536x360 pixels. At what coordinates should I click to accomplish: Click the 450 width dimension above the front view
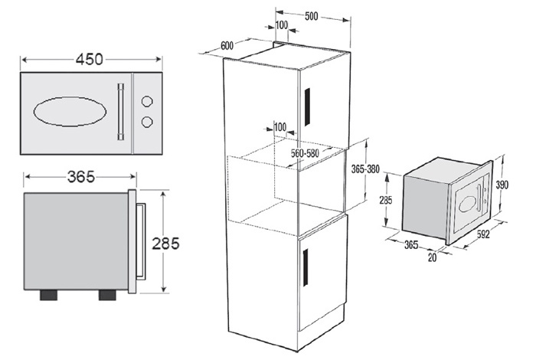[x=90, y=60]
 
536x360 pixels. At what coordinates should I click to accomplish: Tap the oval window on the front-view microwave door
[x=70, y=112]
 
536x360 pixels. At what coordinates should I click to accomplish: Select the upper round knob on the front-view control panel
[x=147, y=101]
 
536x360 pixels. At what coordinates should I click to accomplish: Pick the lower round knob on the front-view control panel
[x=147, y=122]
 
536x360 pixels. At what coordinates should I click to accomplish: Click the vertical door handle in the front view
[x=121, y=112]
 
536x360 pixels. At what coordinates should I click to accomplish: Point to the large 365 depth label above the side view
[x=80, y=177]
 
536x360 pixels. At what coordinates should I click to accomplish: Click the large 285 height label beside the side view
[x=165, y=244]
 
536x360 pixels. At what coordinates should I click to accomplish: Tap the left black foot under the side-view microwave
[x=48, y=295]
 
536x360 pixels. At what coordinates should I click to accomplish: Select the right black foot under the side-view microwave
[x=107, y=295]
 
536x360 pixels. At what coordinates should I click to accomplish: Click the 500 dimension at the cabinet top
[x=312, y=16]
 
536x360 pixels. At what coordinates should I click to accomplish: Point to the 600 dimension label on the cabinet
[x=227, y=46]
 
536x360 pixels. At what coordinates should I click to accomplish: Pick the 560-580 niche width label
[x=305, y=153]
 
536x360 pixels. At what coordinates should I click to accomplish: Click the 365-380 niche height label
[x=365, y=169]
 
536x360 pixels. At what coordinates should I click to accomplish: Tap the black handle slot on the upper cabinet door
[x=307, y=106]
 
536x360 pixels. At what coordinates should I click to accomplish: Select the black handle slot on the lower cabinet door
[x=306, y=267]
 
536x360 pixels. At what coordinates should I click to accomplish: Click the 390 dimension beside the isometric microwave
[x=502, y=185]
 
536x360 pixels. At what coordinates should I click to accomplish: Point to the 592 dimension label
[x=483, y=234]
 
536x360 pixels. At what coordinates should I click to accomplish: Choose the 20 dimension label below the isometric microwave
[x=433, y=257]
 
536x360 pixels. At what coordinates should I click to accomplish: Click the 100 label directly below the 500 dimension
[x=281, y=25]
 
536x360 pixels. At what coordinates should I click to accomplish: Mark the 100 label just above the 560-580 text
[x=280, y=127]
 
